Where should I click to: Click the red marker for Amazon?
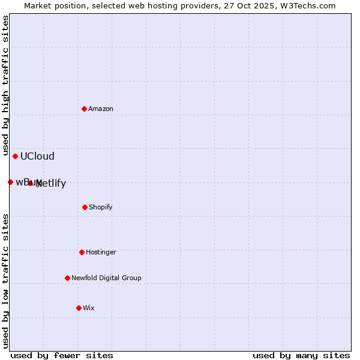(x=84, y=109)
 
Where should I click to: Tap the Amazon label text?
(x=101, y=109)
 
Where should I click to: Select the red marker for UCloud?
(x=15, y=156)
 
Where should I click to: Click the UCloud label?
(x=37, y=157)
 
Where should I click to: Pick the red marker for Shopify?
(x=85, y=207)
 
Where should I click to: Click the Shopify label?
(x=101, y=208)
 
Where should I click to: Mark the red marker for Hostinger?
(x=82, y=252)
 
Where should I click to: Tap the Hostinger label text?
(x=101, y=253)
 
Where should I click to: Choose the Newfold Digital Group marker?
(x=67, y=278)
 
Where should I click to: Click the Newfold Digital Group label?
(x=106, y=278)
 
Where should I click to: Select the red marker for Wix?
(x=79, y=308)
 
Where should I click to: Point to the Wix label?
(x=89, y=308)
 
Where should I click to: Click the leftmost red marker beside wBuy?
(x=10, y=182)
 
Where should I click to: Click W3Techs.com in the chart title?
(x=307, y=6)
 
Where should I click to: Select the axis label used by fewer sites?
(x=62, y=355)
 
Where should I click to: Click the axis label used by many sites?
(x=301, y=355)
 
